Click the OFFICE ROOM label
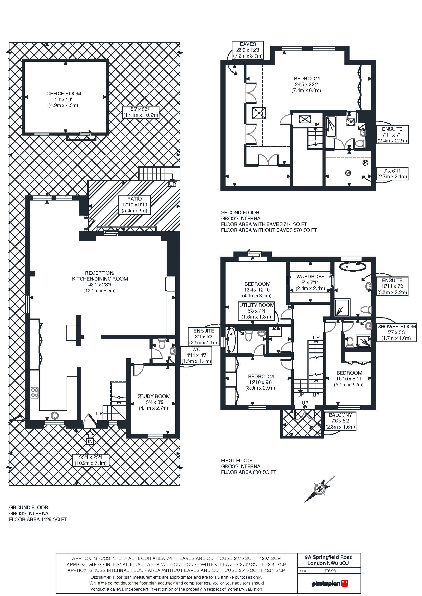(64, 94)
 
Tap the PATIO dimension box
(134, 205)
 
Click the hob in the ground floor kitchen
(34, 392)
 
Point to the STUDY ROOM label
(154, 396)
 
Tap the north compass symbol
(320, 489)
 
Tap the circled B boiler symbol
(365, 163)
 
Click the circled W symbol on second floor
(347, 173)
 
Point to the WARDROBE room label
(310, 276)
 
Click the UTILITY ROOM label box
(256, 311)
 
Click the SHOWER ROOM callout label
(396, 332)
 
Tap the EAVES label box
(248, 50)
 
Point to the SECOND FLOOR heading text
(240, 212)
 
